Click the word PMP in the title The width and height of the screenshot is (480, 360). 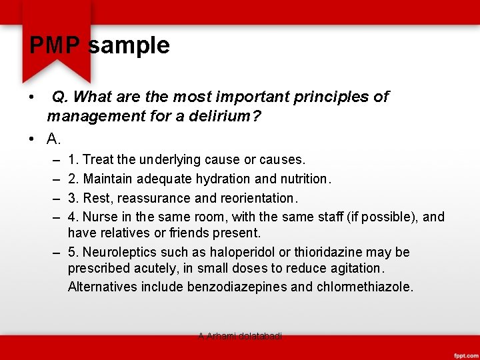(55, 45)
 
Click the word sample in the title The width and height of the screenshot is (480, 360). (129, 45)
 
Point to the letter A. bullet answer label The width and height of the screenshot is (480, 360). (54, 139)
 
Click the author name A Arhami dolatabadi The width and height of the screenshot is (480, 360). (240, 337)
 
